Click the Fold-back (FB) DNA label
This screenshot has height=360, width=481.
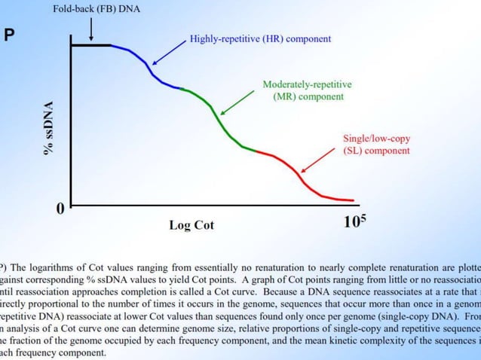click(x=96, y=10)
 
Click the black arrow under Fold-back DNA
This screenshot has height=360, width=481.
click(x=91, y=30)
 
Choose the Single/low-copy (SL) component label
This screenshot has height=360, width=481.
click(x=376, y=145)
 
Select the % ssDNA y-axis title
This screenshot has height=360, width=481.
click(x=49, y=128)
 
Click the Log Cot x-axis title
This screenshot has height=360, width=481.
click(x=191, y=224)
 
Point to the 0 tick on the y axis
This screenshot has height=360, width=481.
click(x=60, y=209)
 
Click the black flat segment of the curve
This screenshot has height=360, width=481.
click(x=90, y=46)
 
